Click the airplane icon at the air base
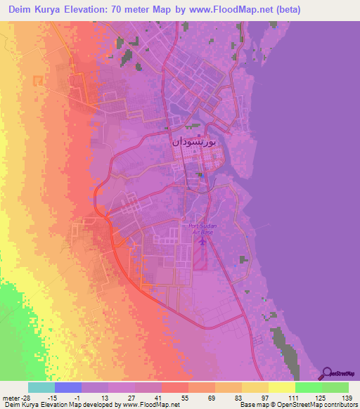(203, 241)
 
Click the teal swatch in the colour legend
(41, 387)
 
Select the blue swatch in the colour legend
(68, 387)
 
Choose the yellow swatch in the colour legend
(282, 387)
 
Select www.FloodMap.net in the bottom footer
(141, 405)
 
